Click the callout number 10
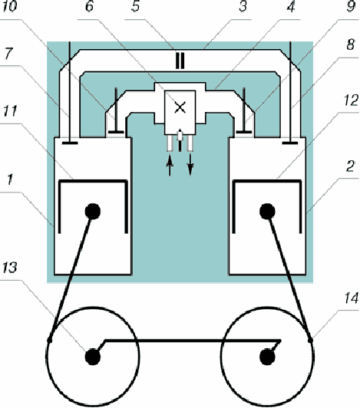point(10,5)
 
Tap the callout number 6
point(89,5)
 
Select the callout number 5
point(135,5)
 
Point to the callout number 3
point(243,5)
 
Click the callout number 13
point(10,267)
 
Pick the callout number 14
point(352,298)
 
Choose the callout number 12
point(352,100)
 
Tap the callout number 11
point(10,111)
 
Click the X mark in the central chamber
point(180,107)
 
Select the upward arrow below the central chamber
point(170,166)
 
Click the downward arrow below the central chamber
point(190,165)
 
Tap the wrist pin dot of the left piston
point(93,212)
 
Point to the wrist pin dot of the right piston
point(267,212)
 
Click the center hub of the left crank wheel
point(93,357)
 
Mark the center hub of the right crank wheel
point(267,357)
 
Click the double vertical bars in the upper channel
point(180,61)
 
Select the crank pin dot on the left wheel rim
point(49,340)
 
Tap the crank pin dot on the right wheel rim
point(310,340)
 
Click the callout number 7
point(8,54)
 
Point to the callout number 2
point(351,166)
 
